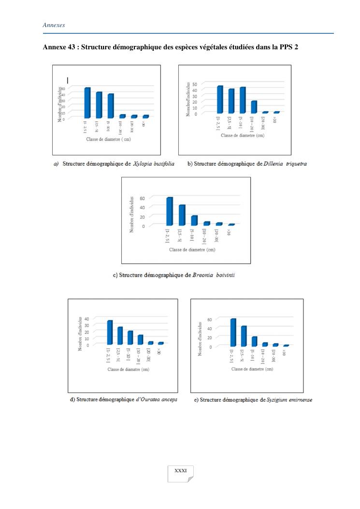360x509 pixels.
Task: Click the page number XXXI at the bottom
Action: pos(180,470)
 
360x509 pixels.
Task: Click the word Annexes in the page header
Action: pos(54,24)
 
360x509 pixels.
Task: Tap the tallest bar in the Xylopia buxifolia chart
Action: pos(87,103)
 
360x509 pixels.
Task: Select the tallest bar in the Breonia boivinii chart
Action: pos(169,212)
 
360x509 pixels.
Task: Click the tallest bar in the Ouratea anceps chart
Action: pos(110,333)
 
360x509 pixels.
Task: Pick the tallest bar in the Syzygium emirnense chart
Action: pos(233,333)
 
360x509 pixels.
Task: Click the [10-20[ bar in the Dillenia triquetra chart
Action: pos(254,107)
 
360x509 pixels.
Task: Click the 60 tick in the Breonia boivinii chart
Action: pos(143,198)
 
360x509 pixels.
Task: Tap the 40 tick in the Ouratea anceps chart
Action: pos(87,319)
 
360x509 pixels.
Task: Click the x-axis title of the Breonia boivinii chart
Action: pos(192,250)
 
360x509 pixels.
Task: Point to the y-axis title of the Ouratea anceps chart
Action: pos(80,333)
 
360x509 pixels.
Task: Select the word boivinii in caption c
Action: pos(221,276)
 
